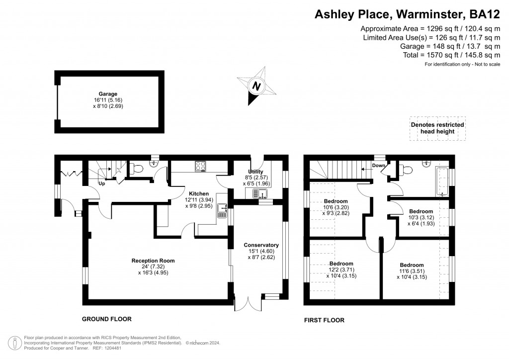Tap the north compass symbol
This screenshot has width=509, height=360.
pos(256,86)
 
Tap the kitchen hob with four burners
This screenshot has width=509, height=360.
pos(201,166)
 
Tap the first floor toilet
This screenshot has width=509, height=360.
pos(406,171)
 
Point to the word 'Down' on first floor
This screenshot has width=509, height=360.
pos(379,165)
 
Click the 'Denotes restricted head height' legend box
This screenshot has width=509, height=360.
pos(437,128)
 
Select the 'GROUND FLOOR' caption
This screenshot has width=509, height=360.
pos(106,319)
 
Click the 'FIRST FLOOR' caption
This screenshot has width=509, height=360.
pos(324,320)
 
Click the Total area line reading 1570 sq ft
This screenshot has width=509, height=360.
pos(452,55)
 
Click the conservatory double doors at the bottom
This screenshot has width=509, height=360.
pos(248,303)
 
